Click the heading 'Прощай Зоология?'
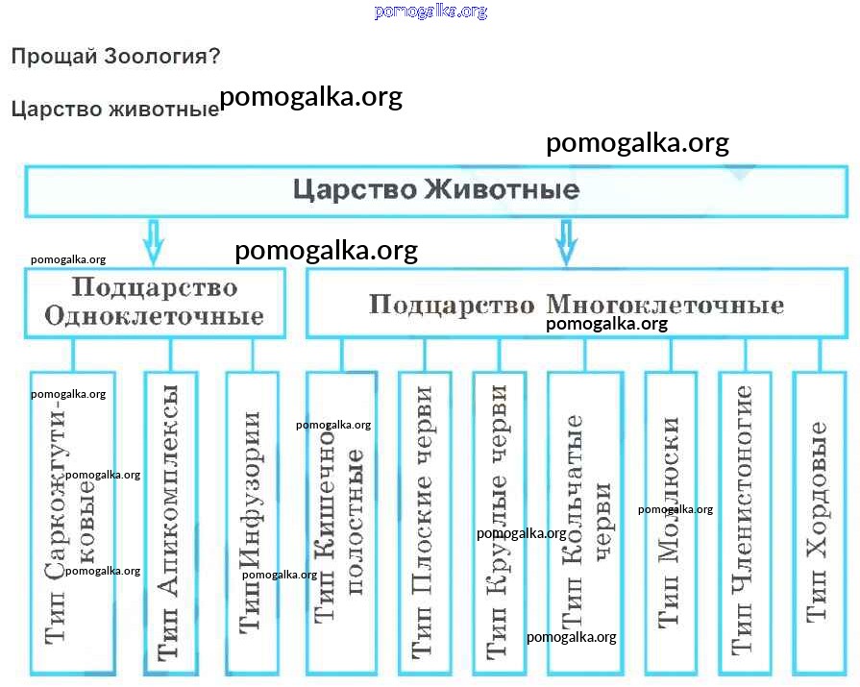coord(115,57)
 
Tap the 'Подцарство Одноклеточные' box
coord(155,302)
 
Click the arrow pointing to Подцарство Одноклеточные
coord(152,241)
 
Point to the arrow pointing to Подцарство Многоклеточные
coord(566,241)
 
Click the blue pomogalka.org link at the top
coord(430,12)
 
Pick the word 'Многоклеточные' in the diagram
coord(665,306)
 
